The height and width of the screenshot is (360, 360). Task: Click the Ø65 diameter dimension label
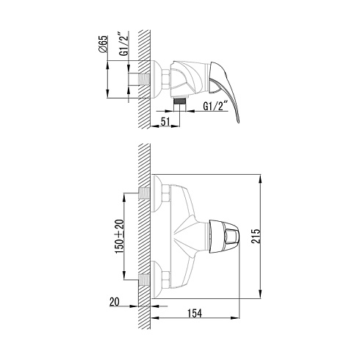pyautogui.click(x=103, y=43)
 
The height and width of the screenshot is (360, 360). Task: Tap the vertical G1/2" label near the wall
pyautogui.click(x=124, y=43)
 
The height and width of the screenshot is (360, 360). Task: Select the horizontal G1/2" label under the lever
pyautogui.click(x=216, y=107)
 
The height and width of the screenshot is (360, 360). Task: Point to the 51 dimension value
pyautogui.click(x=165, y=121)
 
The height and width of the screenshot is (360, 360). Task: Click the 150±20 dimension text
pyautogui.click(x=120, y=237)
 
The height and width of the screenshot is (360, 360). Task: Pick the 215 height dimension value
pyautogui.click(x=256, y=236)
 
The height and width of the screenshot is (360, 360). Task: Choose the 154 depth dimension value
pyautogui.click(x=195, y=313)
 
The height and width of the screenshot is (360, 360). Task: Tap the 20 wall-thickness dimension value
pyautogui.click(x=114, y=302)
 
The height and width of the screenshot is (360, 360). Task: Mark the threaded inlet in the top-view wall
pyautogui.click(x=144, y=79)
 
